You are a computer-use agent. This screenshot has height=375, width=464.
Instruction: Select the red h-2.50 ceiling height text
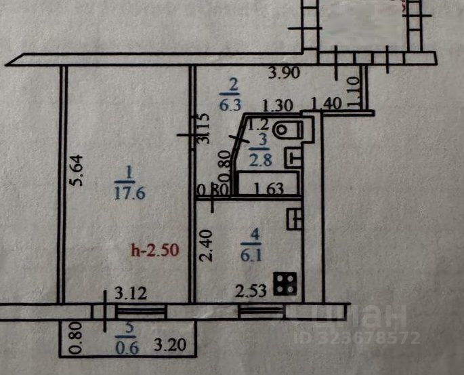154,250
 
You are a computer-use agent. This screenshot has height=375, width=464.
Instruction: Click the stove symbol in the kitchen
286,284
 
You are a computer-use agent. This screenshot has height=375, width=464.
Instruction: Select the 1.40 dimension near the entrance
324,104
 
